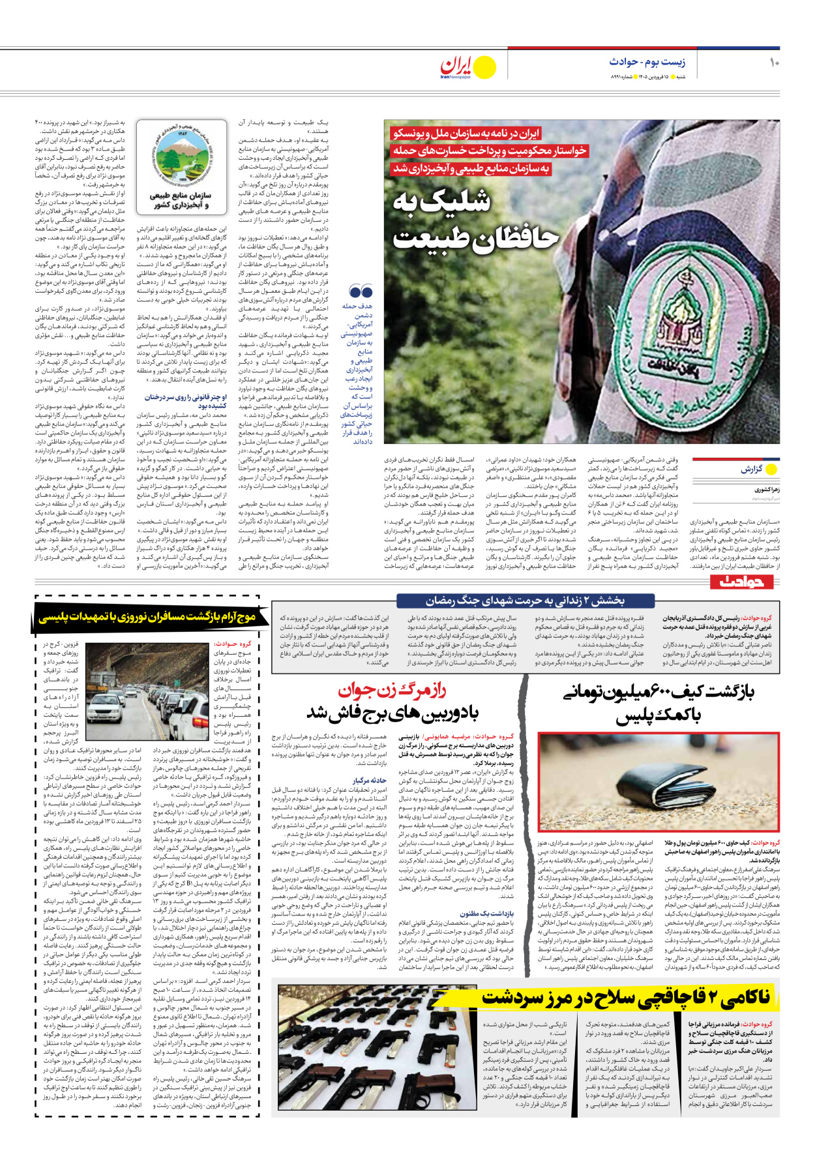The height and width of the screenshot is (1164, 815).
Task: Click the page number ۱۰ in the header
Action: [x=774, y=63]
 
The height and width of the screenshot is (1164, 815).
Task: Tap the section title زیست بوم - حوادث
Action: [x=647, y=62]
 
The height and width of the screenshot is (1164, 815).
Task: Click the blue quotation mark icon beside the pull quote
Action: [x=361, y=291]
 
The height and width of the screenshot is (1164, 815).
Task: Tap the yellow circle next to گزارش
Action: [x=773, y=469]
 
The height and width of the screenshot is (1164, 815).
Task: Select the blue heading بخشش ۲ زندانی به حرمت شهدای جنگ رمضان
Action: [x=526, y=601]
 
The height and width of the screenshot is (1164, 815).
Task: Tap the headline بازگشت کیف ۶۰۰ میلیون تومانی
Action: [x=659, y=704]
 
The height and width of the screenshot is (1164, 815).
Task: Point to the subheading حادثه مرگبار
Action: [x=370, y=781]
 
